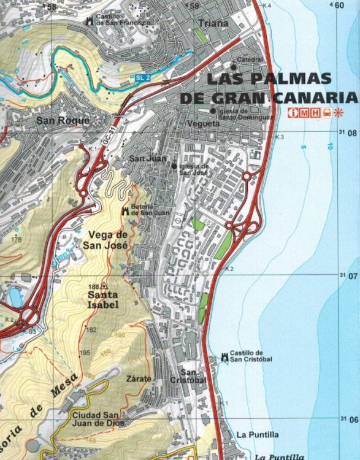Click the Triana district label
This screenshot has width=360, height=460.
213,23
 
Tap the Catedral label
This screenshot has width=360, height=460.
250,59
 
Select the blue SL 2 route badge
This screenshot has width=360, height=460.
143,78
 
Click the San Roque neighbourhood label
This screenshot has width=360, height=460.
63,120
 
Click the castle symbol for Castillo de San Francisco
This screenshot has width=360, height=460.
90,20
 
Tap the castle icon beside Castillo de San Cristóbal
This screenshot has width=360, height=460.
223,357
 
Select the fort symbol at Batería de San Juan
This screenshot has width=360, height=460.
125,210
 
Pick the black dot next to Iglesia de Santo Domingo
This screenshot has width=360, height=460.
213,111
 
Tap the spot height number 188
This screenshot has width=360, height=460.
93,287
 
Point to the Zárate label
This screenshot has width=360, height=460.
138,378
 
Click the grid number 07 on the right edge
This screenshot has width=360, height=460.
351,276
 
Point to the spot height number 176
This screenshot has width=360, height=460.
16,239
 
